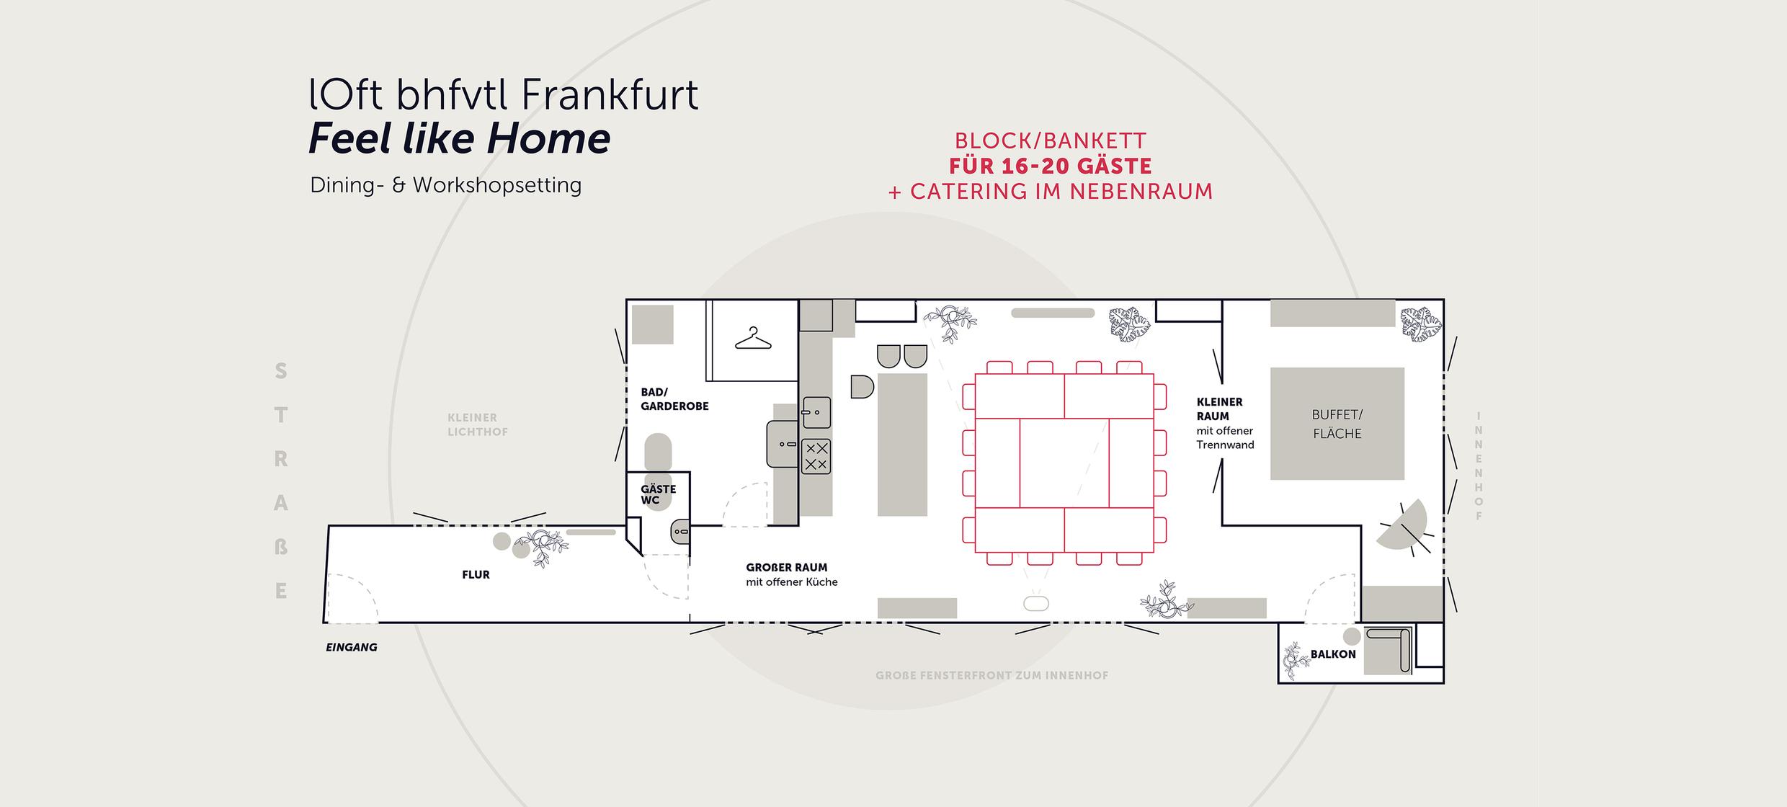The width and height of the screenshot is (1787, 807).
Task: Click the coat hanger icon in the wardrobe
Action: coord(753,339)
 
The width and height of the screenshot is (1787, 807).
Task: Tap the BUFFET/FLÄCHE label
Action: coord(1337,424)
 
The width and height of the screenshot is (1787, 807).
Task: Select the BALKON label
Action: coord(1333,654)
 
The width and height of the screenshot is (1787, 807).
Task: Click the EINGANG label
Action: coord(352,647)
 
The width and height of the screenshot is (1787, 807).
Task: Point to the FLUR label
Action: coord(476,574)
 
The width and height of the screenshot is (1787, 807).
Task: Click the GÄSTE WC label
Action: coord(658,494)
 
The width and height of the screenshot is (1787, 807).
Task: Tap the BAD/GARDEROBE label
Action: coord(674,399)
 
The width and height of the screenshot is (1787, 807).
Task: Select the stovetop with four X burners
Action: coord(816,456)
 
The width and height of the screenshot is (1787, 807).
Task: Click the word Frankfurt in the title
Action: coord(608,95)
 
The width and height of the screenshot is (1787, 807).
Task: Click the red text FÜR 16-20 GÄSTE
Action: coord(1050,166)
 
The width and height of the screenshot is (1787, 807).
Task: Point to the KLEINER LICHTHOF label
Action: coord(477,424)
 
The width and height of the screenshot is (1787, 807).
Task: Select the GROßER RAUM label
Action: coord(786,568)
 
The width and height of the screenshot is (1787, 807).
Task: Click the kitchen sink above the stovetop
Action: coord(816,413)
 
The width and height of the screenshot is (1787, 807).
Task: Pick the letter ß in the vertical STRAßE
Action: coord(281,547)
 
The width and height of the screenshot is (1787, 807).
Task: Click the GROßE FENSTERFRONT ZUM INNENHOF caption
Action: coord(991,676)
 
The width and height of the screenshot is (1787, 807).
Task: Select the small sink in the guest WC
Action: coord(680,532)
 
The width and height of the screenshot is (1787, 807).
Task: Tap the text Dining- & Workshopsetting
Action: coord(445,185)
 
